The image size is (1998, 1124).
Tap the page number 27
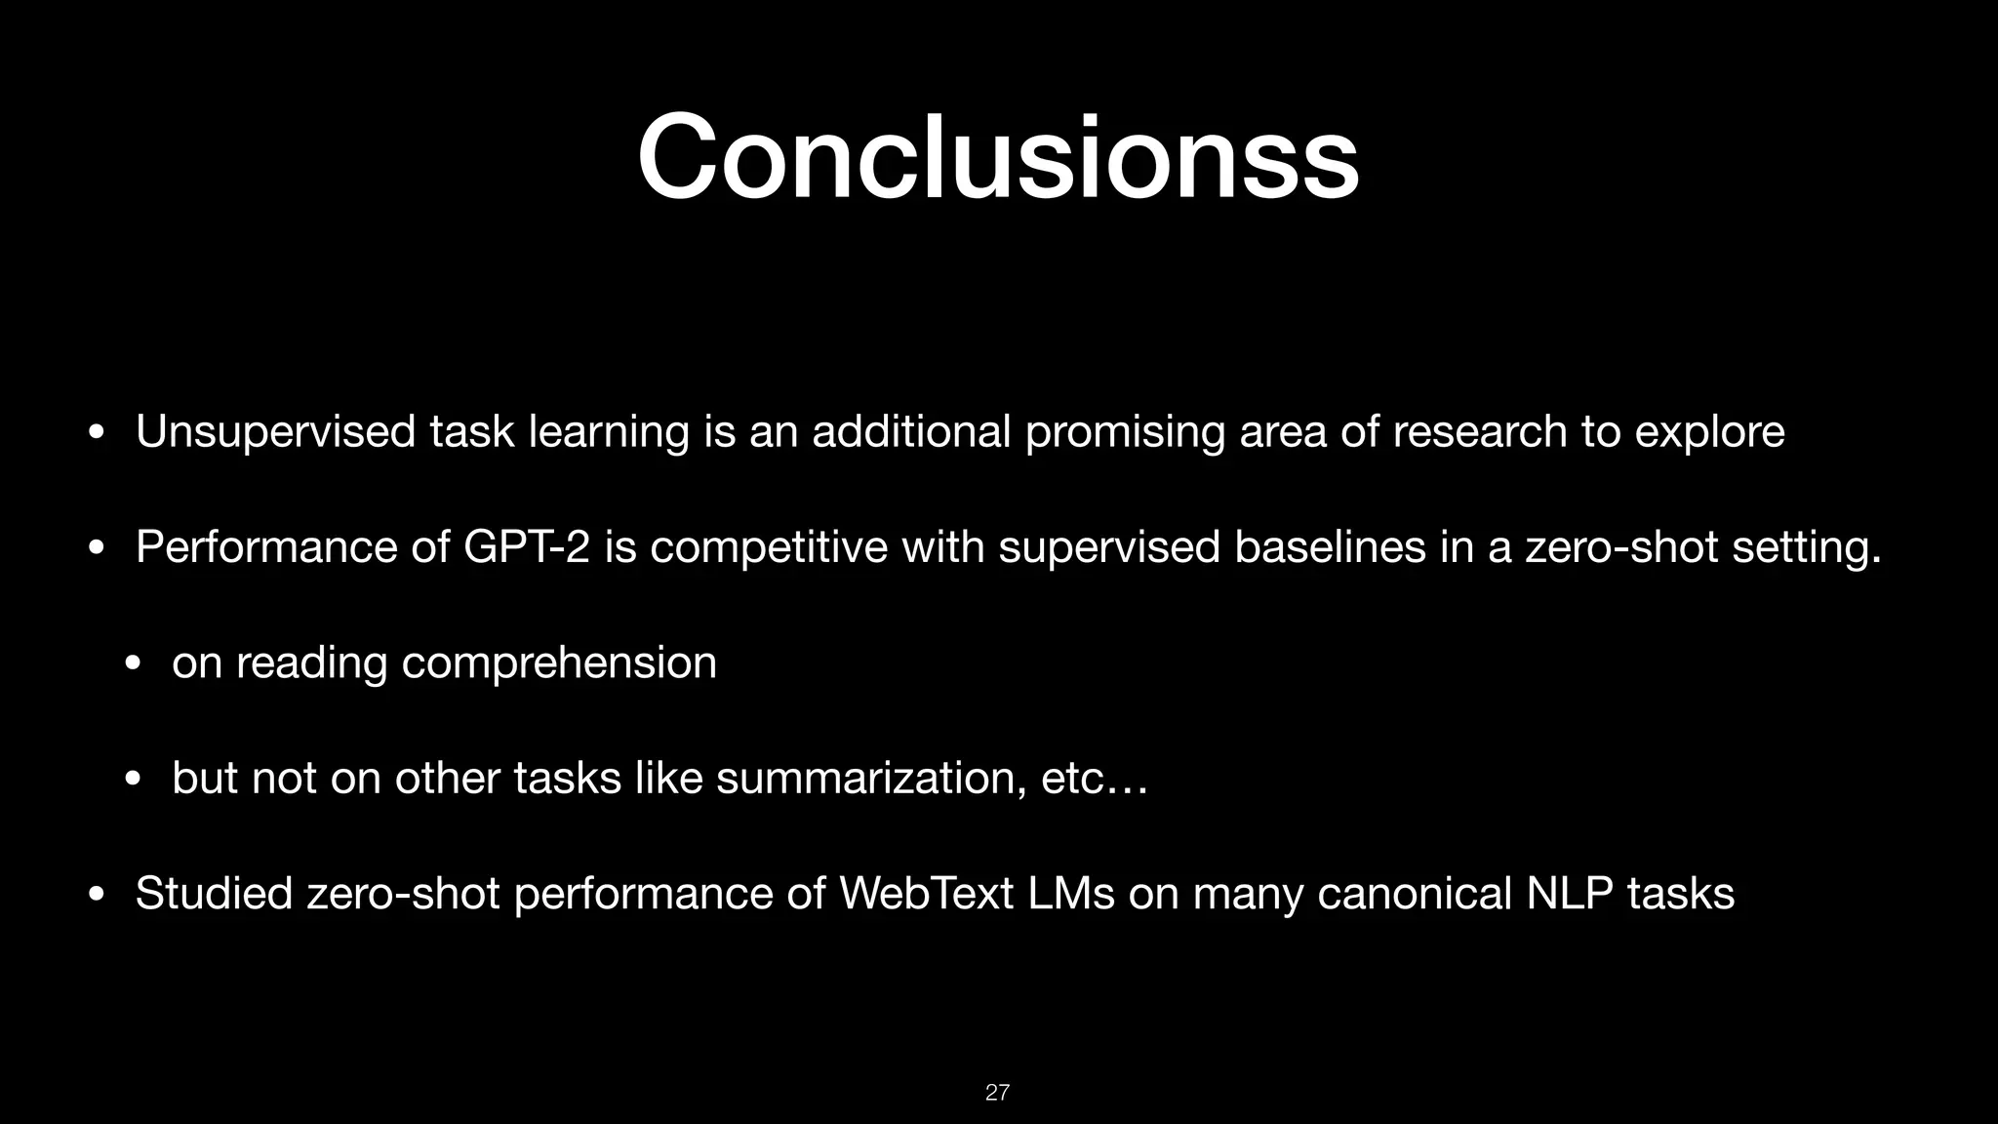(997, 1092)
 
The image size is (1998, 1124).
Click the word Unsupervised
(276, 432)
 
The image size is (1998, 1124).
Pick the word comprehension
(559, 664)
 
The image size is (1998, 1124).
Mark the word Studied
(214, 894)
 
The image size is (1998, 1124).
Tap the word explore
(1709, 432)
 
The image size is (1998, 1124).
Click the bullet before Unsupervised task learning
(95, 433)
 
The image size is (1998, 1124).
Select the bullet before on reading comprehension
(132, 664)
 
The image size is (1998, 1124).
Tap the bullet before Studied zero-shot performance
(95, 895)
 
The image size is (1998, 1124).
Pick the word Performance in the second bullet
(266, 547)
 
